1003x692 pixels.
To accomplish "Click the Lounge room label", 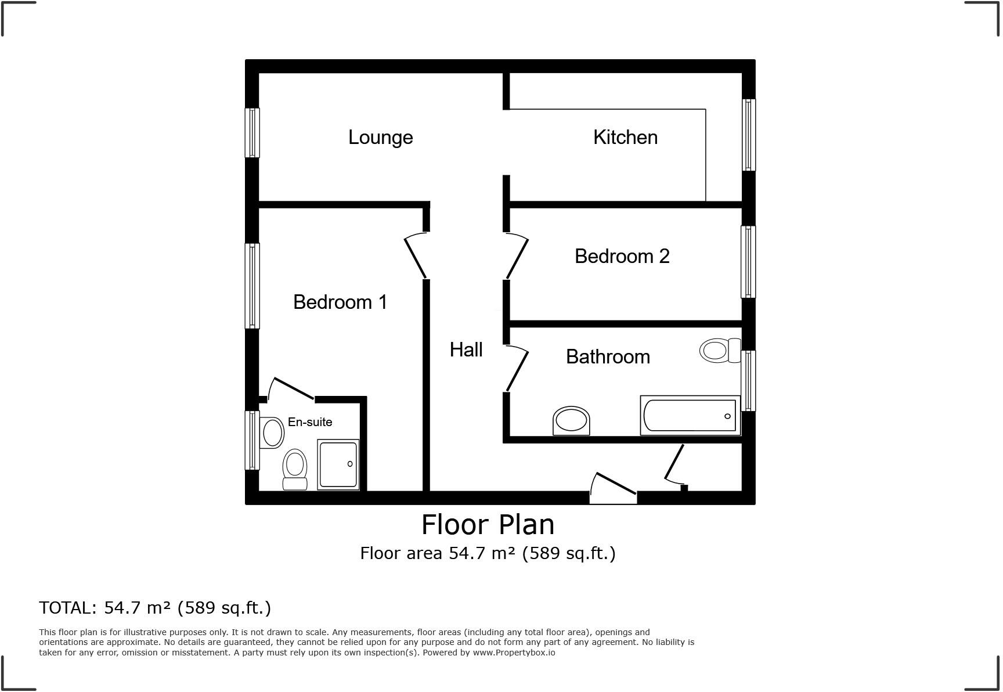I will click(x=380, y=138).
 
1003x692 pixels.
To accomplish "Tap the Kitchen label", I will click(x=625, y=138).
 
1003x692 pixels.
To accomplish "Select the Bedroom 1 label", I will click(x=340, y=302).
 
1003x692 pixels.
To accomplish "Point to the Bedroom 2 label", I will click(x=622, y=256).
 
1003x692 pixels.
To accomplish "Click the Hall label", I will click(x=466, y=349).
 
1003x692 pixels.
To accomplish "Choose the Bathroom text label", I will click(x=608, y=356).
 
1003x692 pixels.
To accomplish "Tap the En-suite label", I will click(x=310, y=422).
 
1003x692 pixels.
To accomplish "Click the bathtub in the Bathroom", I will click(x=690, y=415).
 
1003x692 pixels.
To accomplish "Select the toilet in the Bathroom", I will click(x=720, y=351).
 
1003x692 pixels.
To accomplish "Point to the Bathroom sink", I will click(x=572, y=420).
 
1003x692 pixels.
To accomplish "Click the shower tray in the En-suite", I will click(x=338, y=464).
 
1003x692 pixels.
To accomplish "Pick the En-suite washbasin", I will click(x=270, y=432).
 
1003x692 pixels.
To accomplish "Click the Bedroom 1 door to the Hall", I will click(x=416, y=256).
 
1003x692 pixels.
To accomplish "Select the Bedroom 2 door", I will click(x=517, y=257).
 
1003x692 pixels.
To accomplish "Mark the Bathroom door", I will click(x=517, y=369).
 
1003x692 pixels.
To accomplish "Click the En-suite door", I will click(x=293, y=388).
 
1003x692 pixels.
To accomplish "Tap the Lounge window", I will click(x=252, y=132).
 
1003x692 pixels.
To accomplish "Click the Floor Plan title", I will click(x=488, y=525).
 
